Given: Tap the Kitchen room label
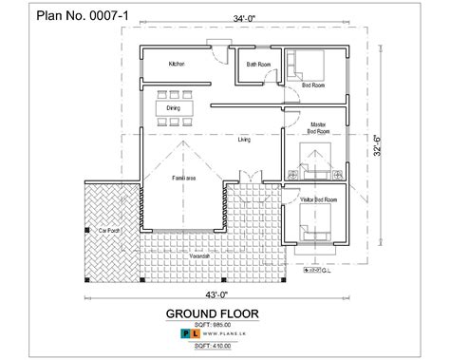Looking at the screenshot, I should (177, 64).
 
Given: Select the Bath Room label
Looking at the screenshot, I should (259, 64).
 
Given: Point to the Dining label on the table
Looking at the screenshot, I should (173, 108).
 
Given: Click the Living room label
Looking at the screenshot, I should (244, 139).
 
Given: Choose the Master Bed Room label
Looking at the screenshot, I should (319, 127).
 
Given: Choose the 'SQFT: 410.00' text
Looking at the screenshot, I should (225, 349).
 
